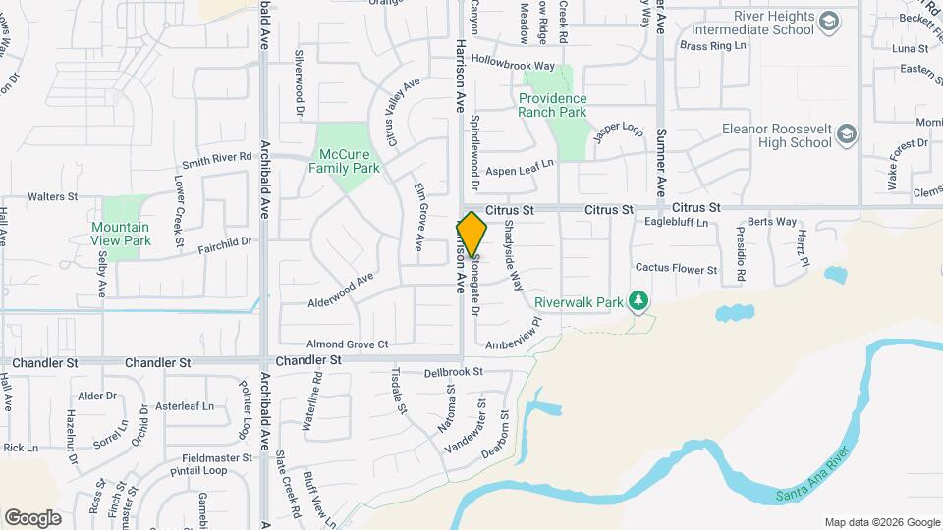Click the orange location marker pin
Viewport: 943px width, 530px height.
click(x=472, y=234)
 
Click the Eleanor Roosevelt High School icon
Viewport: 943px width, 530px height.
click(x=847, y=135)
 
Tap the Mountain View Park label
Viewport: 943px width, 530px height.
click(x=121, y=233)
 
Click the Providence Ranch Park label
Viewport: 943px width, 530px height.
click(x=552, y=105)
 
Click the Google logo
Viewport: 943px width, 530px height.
click(x=32, y=517)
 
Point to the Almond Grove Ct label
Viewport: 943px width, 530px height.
click(x=348, y=344)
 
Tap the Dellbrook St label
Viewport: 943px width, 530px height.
click(x=454, y=373)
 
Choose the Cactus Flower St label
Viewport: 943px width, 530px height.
click(x=677, y=268)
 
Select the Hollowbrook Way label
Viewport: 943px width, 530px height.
click(x=513, y=65)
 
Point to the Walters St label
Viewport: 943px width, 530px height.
click(x=52, y=197)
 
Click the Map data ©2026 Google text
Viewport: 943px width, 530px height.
click(x=881, y=522)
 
